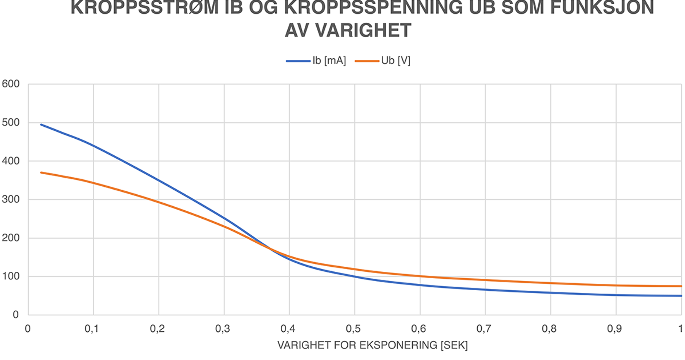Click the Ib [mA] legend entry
316,60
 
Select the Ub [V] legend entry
383,60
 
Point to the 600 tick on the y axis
11,84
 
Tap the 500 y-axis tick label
11,122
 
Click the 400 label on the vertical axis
11,161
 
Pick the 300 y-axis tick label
11,199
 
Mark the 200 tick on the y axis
11,238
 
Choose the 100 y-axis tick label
11,276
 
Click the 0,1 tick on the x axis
92,329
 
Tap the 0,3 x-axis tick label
222,329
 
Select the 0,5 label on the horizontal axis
353,329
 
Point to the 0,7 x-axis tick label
484,329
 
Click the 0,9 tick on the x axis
614,329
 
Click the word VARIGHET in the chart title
363,30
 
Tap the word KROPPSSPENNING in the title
373,7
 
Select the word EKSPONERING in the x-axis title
399,345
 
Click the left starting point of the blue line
41,125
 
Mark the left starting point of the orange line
41,173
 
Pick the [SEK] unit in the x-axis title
454,345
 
